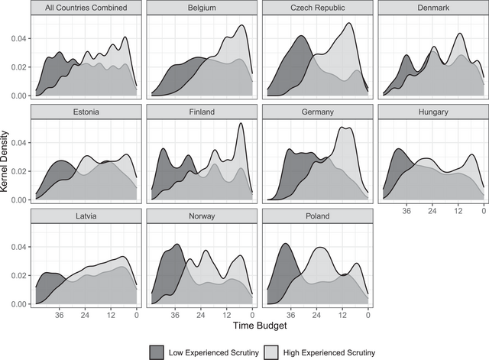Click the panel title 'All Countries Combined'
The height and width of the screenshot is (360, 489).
[85, 8]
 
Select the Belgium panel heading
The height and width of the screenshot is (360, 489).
[200, 8]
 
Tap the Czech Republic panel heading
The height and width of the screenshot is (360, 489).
[316, 8]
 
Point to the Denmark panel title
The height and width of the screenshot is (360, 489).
[432, 8]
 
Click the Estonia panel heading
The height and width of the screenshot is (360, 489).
[85, 112]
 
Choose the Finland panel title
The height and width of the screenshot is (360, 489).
[200, 112]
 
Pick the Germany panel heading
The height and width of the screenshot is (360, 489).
[316, 112]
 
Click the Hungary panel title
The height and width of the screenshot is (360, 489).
[432, 112]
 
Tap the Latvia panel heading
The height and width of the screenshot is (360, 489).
[85, 216]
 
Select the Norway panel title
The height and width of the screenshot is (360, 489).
[200, 216]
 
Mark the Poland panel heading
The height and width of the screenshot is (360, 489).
[316, 216]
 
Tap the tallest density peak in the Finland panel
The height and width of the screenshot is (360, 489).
[241, 124]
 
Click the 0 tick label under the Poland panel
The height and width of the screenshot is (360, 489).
[367, 314]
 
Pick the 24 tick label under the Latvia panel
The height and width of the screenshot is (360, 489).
[85, 314]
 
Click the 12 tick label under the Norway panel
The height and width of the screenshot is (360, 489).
[226, 314]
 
